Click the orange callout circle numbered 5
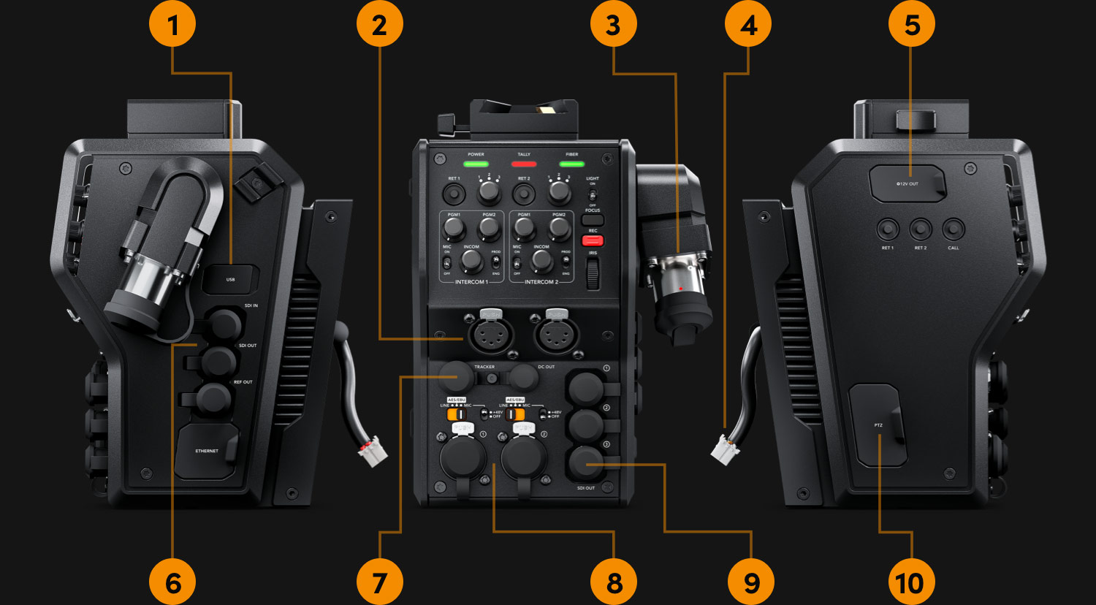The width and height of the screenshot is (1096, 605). pyautogui.click(x=912, y=25)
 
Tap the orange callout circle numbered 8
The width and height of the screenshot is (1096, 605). pyautogui.click(x=614, y=582)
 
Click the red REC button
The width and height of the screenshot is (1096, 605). pyautogui.click(x=593, y=240)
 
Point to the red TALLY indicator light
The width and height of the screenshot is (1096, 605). pyautogui.click(x=524, y=164)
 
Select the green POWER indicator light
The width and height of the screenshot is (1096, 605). pyautogui.click(x=476, y=164)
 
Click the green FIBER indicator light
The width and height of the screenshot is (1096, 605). pyautogui.click(x=571, y=164)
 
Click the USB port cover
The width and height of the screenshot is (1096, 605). pyautogui.click(x=231, y=279)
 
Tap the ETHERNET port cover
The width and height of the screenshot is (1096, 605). pyautogui.click(x=208, y=452)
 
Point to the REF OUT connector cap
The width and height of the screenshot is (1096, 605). pyautogui.click(x=213, y=398)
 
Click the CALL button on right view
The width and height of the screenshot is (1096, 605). pyautogui.click(x=953, y=229)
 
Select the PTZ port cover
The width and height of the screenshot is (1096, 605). pyautogui.click(x=878, y=425)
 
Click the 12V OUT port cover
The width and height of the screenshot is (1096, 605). pyautogui.click(x=907, y=183)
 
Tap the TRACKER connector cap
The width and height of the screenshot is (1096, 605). pyautogui.click(x=459, y=378)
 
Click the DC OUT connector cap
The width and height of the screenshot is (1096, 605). pyautogui.click(x=524, y=378)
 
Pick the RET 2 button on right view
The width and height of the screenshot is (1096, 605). pyautogui.click(x=921, y=229)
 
